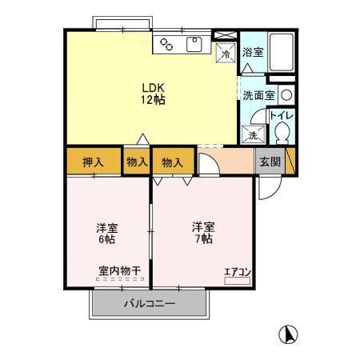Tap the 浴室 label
(253, 53)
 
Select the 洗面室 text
(259, 94)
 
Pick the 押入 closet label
(94, 162)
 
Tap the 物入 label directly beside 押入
(137, 162)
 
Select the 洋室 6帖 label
(107, 233)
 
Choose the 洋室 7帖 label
(202, 232)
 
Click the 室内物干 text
(119, 271)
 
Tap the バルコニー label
(149, 305)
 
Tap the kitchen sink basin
(194, 44)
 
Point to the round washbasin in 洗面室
(286, 94)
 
